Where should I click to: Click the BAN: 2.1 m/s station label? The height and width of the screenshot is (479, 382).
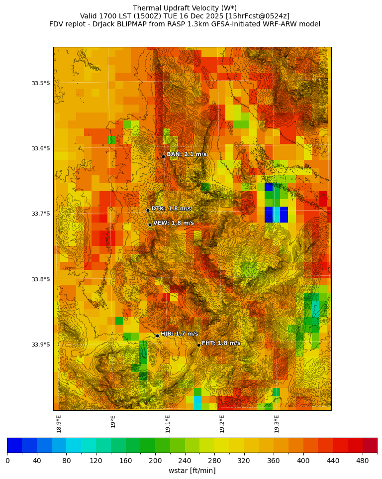pyautogui.click(x=187, y=154)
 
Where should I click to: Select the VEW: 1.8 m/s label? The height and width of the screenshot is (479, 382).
pyautogui.click(x=174, y=223)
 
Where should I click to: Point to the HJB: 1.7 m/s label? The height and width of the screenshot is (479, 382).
pyautogui.click(x=179, y=334)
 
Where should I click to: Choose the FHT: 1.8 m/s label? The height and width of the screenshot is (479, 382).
pyautogui.click(x=221, y=343)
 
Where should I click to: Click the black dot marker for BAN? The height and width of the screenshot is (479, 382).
pyautogui.click(x=163, y=156)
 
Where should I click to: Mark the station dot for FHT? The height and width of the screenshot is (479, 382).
pyautogui.click(x=198, y=345)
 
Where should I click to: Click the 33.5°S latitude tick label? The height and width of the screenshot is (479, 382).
pyautogui.click(x=41, y=83)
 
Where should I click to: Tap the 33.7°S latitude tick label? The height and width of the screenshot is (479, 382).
pyautogui.click(x=41, y=214)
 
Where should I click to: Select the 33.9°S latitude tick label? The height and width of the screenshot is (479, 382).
pyautogui.click(x=41, y=345)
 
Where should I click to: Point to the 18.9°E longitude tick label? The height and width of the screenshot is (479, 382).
pyautogui.click(x=59, y=424)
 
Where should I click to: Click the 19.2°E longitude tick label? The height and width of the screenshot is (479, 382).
pyautogui.click(x=222, y=424)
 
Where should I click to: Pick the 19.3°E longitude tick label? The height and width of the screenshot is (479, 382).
pyautogui.click(x=277, y=424)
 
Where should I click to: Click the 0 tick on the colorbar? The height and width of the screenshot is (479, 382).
pyautogui.click(x=7, y=461)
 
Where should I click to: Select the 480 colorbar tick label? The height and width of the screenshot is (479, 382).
pyautogui.click(x=362, y=461)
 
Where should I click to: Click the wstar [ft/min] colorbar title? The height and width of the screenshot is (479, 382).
pyautogui.click(x=192, y=471)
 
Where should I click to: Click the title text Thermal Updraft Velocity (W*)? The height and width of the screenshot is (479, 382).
pyautogui.click(x=185, y=8)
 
